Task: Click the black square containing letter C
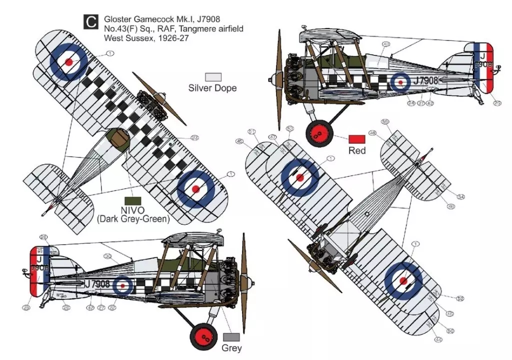coord(90,22)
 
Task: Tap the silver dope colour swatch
coord(213,76)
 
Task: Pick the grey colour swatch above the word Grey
coord(231,337)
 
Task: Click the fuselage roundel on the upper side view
coord(400,81)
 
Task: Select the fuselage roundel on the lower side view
coord(122,285)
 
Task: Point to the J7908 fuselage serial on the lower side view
coord(97,284)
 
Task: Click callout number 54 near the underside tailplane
coord(461,196)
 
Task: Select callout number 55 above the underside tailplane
coord(385,122)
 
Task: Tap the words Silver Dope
coord(212,88)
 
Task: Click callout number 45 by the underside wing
coord(239,141)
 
